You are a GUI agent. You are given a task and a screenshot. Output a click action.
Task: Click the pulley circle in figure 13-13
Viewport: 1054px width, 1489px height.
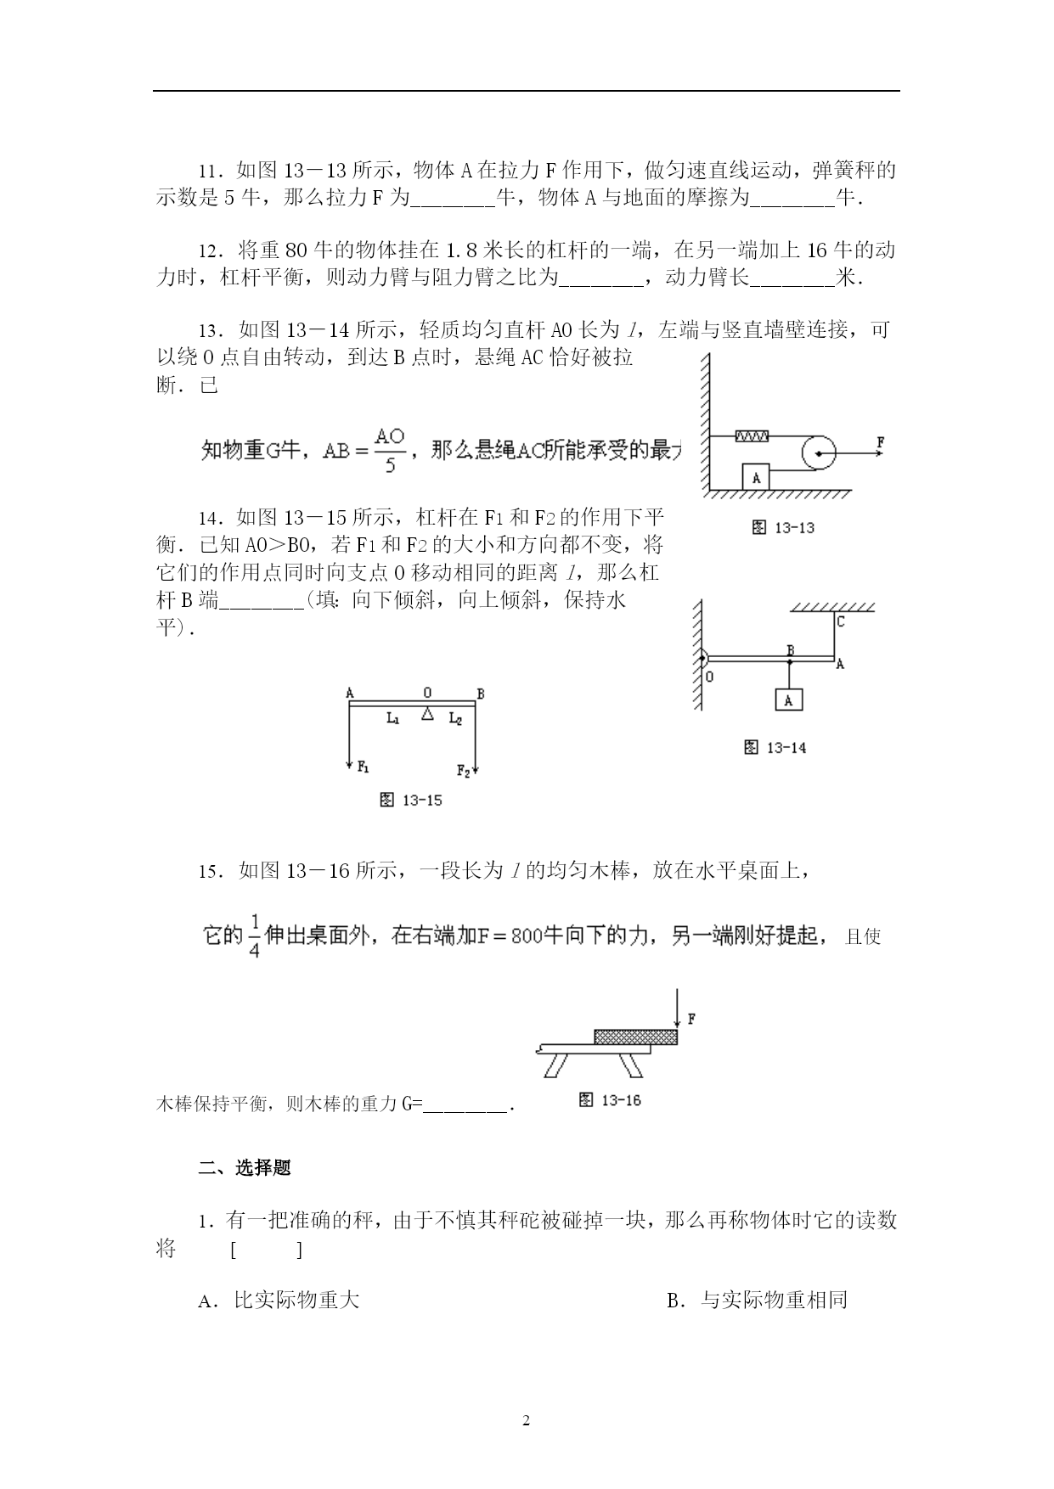pos(818,452)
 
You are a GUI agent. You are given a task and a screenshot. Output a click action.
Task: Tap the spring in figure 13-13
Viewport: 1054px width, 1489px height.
pos(752,435)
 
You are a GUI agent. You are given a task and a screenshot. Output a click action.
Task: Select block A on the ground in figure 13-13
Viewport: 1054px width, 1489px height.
pos(756,477)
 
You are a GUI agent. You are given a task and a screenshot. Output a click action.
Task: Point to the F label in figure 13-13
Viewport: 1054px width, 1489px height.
pos(880,442)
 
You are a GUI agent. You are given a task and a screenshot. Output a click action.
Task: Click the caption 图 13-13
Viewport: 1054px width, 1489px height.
pos(783,527)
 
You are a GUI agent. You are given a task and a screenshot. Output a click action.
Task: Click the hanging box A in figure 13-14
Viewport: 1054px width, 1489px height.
pos(788,700)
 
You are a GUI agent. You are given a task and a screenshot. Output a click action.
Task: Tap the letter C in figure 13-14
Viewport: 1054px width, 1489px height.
pos(840,621)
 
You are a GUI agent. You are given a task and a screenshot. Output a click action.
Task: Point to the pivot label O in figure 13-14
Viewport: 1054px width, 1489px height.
pos(709,677)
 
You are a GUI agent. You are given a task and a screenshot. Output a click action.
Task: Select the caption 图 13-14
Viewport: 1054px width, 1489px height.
pos(775,747)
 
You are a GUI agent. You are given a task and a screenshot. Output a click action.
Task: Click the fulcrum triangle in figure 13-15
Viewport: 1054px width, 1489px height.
pos(428,715)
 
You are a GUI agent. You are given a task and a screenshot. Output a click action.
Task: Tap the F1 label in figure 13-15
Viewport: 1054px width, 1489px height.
pos(363,767)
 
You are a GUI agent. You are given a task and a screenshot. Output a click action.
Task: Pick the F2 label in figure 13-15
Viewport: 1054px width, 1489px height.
pos(463,771)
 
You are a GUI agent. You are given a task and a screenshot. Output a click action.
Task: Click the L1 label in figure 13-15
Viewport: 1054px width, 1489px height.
pos(393,719)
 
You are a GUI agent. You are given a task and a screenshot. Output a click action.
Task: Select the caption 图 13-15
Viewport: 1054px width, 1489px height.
pos(411,800)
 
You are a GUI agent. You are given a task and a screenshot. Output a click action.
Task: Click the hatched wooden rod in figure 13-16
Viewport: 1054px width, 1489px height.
pos(635,1037)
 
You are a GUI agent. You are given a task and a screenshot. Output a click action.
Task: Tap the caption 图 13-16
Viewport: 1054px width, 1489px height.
pos(609,1100)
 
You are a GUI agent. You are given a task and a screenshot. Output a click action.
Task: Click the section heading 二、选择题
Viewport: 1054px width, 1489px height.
pos(245,1167)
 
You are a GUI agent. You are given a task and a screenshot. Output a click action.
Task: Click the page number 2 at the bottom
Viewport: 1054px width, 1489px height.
pos(527,1420)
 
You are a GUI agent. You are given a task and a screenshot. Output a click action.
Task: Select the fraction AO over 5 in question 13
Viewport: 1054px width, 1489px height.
pos(390,450)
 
